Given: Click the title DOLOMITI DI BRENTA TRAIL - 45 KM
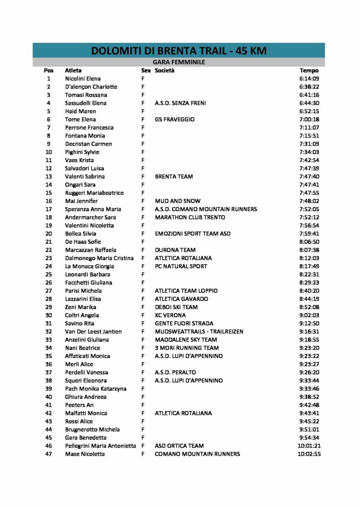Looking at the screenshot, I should point(178,51).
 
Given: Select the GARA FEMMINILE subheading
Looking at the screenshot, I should point(178,62).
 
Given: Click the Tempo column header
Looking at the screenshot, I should point(309,70).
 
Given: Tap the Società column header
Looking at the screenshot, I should point(164,70).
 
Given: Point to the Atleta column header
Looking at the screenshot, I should point(73,70).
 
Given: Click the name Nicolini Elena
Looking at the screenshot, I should point(83,79).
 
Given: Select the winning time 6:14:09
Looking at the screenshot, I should point(309,79).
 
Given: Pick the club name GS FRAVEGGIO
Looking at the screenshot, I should point(174,119).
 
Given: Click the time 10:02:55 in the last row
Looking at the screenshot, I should point(309,454).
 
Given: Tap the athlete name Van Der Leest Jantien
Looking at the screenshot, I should point(93,332).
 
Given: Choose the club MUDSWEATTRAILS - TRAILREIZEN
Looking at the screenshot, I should point(199,332).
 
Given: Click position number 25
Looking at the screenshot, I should point(49,274).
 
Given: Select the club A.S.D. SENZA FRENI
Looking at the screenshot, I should point(180,103).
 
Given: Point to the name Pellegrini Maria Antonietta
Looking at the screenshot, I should point(100,446).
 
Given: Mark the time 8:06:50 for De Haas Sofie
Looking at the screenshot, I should point(309,242).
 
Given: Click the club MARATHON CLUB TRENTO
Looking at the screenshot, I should point(190,218).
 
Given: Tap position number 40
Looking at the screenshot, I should point(49,397).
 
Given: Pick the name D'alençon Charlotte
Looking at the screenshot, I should point(91,87).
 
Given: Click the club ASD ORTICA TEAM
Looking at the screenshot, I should point(179,446).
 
